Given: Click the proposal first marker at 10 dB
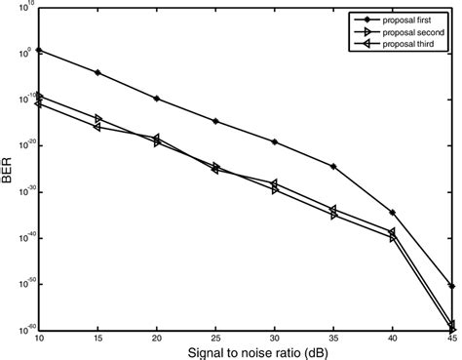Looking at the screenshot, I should point(39,50).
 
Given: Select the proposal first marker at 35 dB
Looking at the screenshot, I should point(333,167).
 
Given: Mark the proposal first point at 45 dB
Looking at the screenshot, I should point(451,286).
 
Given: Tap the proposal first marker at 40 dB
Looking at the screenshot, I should point(392,212).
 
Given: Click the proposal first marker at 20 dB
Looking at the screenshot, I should point(157,99).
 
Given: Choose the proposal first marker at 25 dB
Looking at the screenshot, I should point(215,121).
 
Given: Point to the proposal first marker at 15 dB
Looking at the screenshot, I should point(97,72).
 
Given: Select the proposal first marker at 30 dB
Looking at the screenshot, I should point(275,142).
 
